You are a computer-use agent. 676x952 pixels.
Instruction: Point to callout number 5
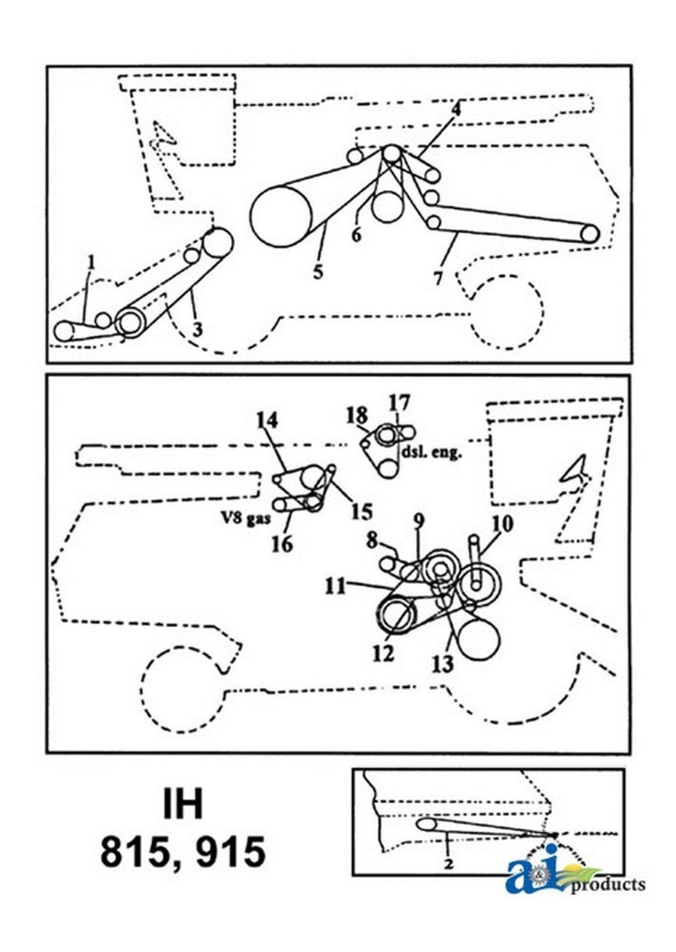(318, 273)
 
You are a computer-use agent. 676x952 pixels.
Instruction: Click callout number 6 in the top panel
(355, 234)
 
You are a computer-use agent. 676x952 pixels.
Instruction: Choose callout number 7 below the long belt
(439, 277)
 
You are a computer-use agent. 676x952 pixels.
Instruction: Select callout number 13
(444, 663)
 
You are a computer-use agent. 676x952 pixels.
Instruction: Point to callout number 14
(267, 421)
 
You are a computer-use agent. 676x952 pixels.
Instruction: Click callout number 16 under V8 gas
(283, 543)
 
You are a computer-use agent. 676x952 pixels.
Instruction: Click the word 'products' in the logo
(607, 885)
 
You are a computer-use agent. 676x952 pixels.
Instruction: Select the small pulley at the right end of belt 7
(589, 234)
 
